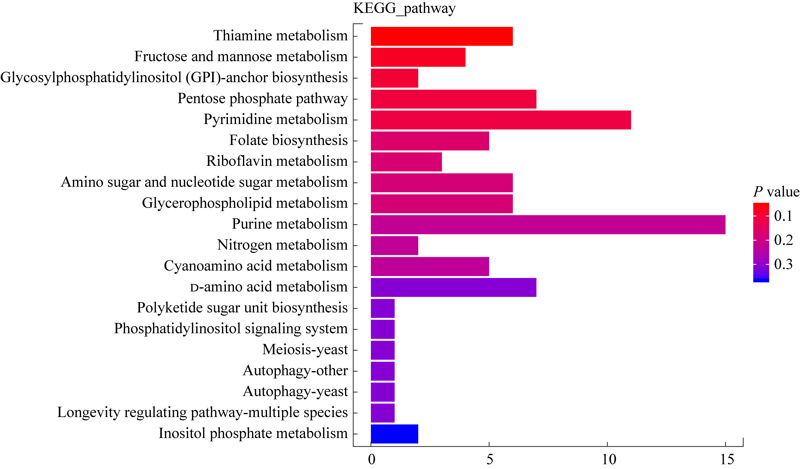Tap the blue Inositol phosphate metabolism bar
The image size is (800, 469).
tap(394, 434)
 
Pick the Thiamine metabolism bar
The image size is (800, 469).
tap(442, 36)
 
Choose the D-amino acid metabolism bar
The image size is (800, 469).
tap(453, 287)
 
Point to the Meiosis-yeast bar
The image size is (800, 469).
tap(383, 350)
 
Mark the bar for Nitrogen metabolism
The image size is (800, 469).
tap(394, 245)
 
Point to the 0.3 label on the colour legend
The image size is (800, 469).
tap(783, 264)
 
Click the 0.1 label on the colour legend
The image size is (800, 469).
tap(783, 216)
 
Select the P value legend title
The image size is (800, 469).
tap(776, 192)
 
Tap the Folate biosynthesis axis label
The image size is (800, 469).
tap(288, 140)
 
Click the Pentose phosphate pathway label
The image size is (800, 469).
tap(263, 98)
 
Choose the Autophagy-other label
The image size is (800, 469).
tap(295, 371)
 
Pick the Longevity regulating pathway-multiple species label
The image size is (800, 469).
tap(202, 413)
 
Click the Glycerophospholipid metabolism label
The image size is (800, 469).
tap(245, 203)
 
